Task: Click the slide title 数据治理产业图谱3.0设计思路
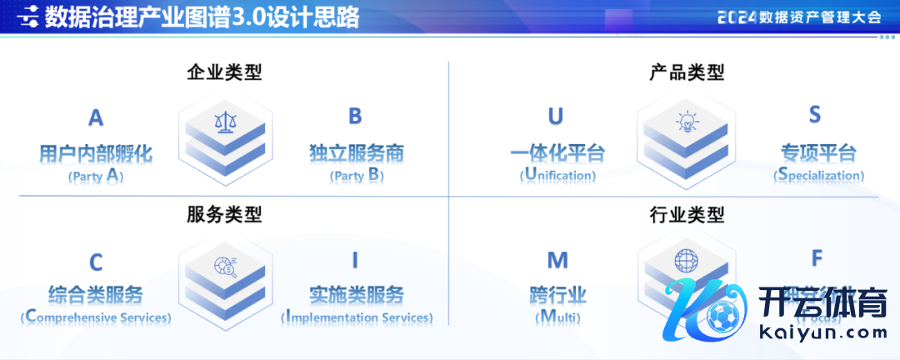[x=202, y=17]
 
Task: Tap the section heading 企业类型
[x=224, y=72]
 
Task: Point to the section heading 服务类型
[x=224, y=214]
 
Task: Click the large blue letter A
[x=96, y=118]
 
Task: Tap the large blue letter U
[x=556, y=116]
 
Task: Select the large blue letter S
[x=815, y=116]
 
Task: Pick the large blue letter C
[x=96, y=263]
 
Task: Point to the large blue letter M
[x=557, y=261]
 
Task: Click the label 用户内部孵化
[x=96, y=153]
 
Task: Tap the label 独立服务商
[x=356, y=153]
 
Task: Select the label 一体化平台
[x=557, y=153]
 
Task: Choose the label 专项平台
[x=817, y=153]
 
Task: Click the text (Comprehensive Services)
[x=96, y=317]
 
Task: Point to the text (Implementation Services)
[x=357, y=317]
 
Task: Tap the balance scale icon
[x=225, y=122]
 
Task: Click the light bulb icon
[x=687, y=122]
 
